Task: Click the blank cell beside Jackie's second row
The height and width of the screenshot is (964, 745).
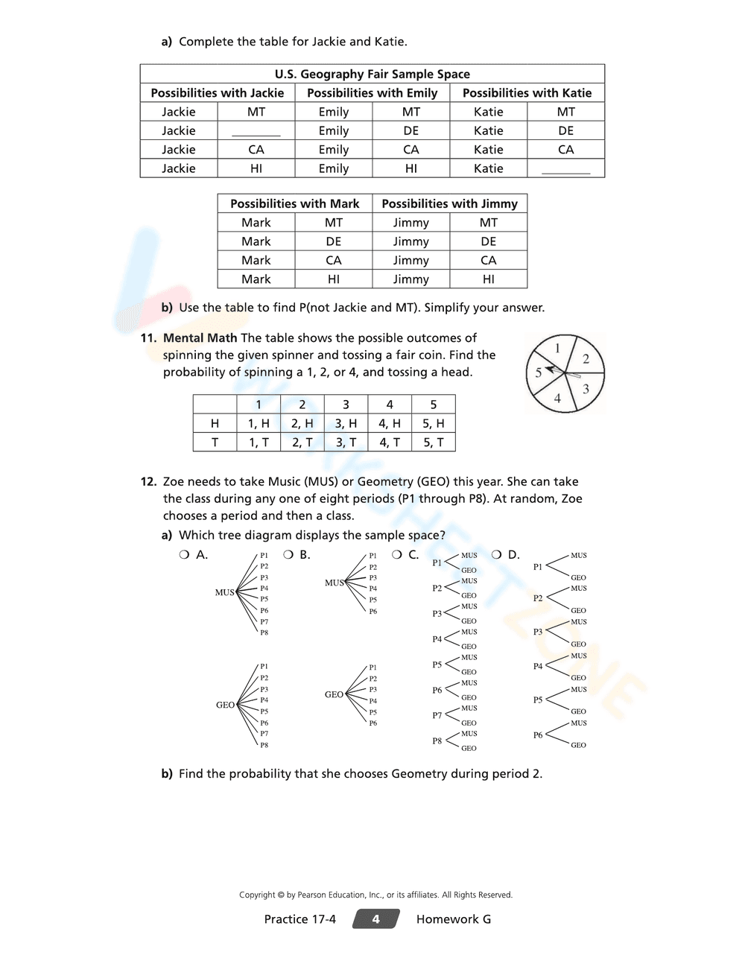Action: click(x=256, y=131)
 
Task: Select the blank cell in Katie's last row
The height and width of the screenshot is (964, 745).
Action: click(x=565, y=169)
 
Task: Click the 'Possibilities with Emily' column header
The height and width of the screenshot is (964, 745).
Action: click(x=372, y=93)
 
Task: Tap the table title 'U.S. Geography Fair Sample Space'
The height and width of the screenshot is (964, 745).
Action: click(x=372, y=74)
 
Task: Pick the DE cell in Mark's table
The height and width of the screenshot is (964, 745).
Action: click(x=333, y=241)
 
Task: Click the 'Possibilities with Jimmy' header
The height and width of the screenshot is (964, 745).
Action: click(x=449, y=203)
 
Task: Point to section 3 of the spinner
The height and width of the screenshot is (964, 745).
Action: click(x=586, y=389)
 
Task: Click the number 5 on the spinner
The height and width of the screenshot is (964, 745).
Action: click(x=538, y=373)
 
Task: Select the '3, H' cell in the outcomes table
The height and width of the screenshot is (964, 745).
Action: click(x=346, y=423)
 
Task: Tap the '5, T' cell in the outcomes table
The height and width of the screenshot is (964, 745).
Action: click(x=433, y=443)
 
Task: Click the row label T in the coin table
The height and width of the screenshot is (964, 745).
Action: click(x=215, y=443)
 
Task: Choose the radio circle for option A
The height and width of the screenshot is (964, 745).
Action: click(x=184, y=555)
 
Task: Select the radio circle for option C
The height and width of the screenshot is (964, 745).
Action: click(x=397, y=555)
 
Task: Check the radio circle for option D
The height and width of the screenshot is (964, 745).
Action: click(x=497, y=555)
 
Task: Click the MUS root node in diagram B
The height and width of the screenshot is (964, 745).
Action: click(x=334, y=583)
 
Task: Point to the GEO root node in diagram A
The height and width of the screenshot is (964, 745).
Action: click(x=225, y=705)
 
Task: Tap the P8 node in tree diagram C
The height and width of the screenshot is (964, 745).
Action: click(x=437, y=741)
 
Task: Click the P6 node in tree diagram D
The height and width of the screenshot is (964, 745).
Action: click(x=538, y=735)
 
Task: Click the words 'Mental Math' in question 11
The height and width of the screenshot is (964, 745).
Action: click(x=200, y=338)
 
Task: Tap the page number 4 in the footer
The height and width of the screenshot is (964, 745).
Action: click(x=375, y=919)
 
